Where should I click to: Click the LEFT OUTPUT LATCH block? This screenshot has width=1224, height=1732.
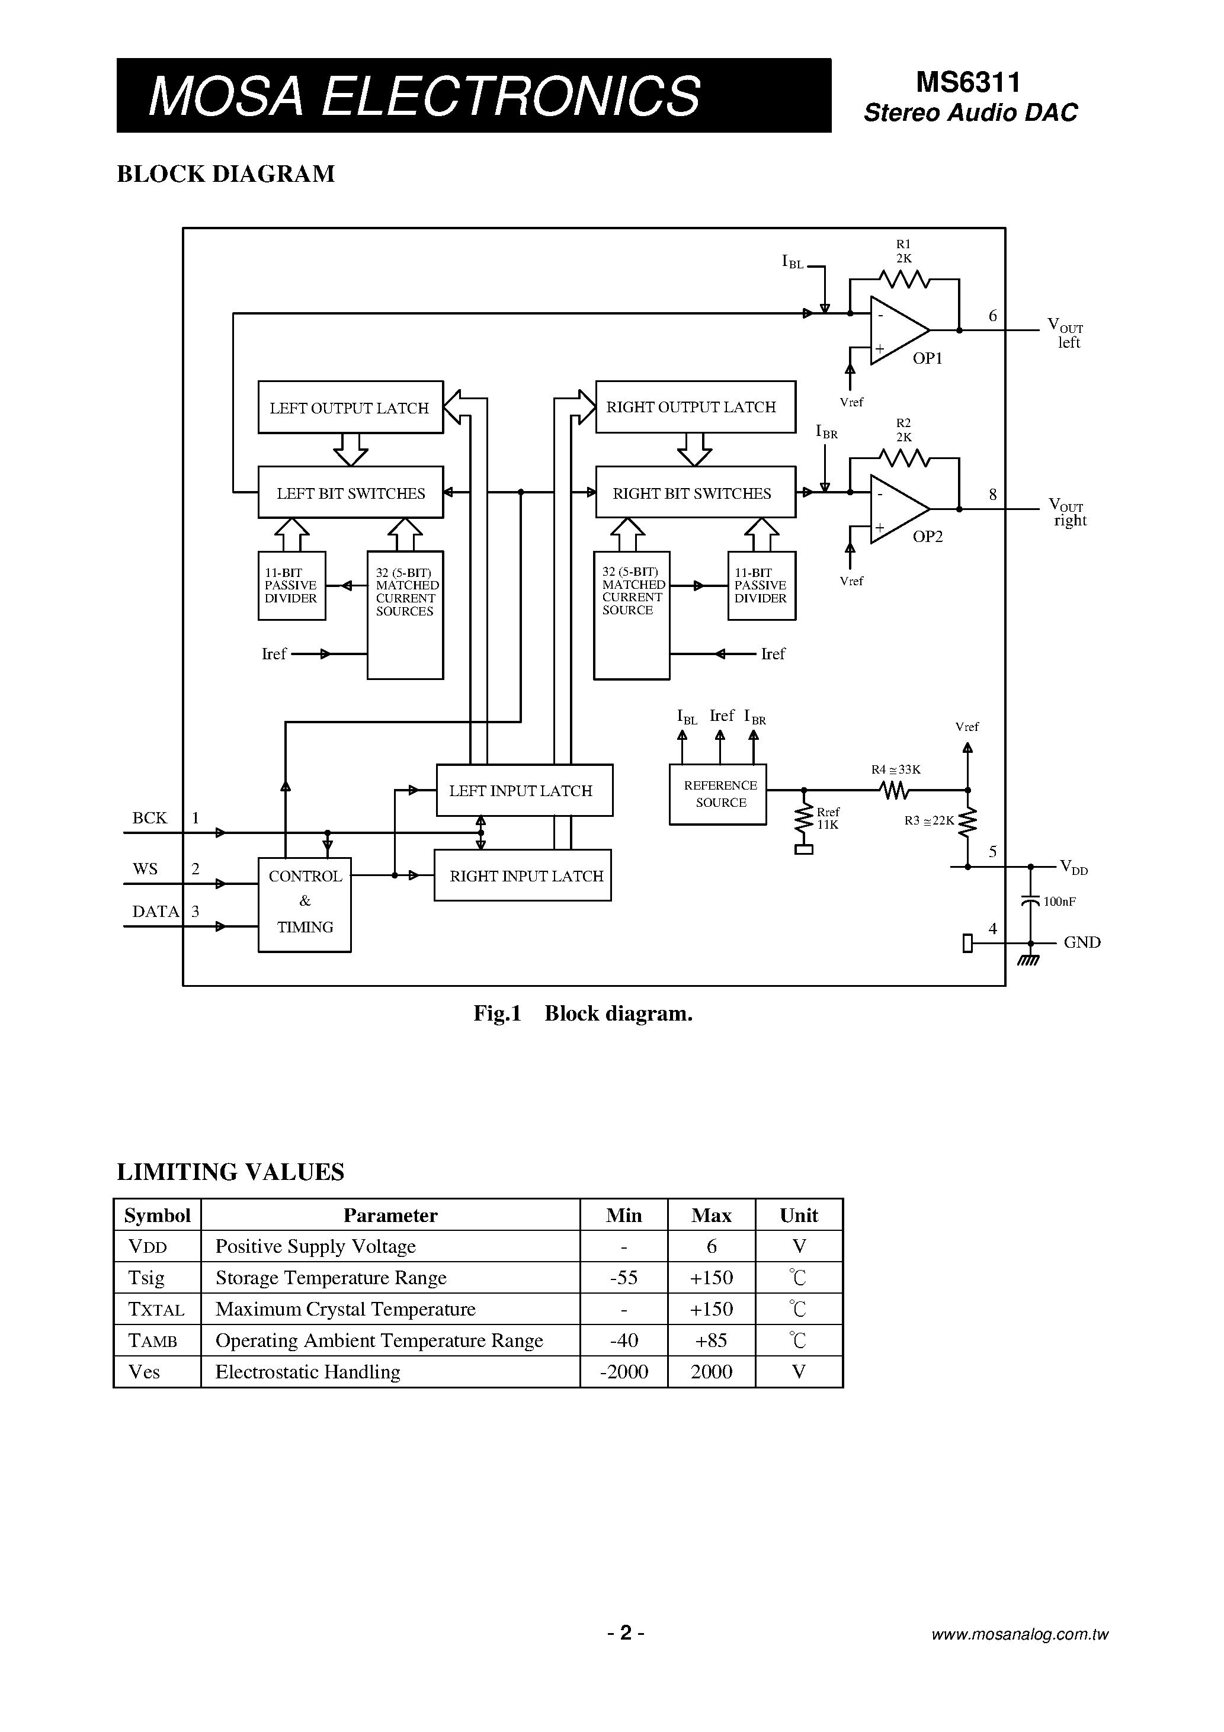[350, 408]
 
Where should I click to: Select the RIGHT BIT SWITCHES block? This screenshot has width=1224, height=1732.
[694, 493]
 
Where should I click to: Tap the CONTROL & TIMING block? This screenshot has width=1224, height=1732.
[305, 904]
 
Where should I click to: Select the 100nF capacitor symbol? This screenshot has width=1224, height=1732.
[1029, 901]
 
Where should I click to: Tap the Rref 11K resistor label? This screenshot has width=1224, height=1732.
[828, 817]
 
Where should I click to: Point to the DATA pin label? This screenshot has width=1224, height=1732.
[155, 911]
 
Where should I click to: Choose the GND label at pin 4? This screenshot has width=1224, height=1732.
[1081, 942]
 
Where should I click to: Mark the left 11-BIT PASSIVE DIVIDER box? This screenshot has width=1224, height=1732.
[291, 585]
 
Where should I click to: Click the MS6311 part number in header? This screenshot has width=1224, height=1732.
[968, 82]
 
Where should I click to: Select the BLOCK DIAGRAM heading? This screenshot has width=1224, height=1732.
[226, 174]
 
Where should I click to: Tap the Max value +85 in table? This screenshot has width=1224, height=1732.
[711, 1340]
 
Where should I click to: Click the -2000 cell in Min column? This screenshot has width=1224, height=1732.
[623, 1371]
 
